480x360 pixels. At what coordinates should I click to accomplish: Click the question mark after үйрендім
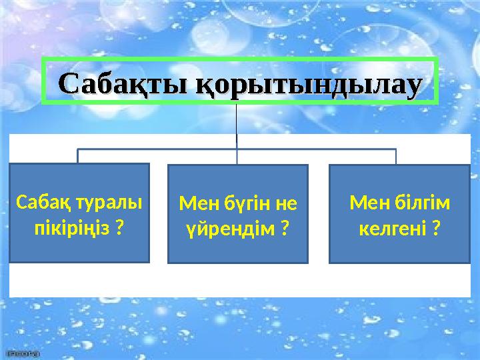click(x=285, y=229)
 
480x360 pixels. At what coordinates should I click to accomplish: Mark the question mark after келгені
click(x=435, y=229)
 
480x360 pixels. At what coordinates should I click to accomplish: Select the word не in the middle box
click(x=288, y=203)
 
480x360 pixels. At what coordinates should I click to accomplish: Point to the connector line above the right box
click(x=396, y=156)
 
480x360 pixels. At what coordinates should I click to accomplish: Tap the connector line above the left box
click(x=78, y=156)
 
